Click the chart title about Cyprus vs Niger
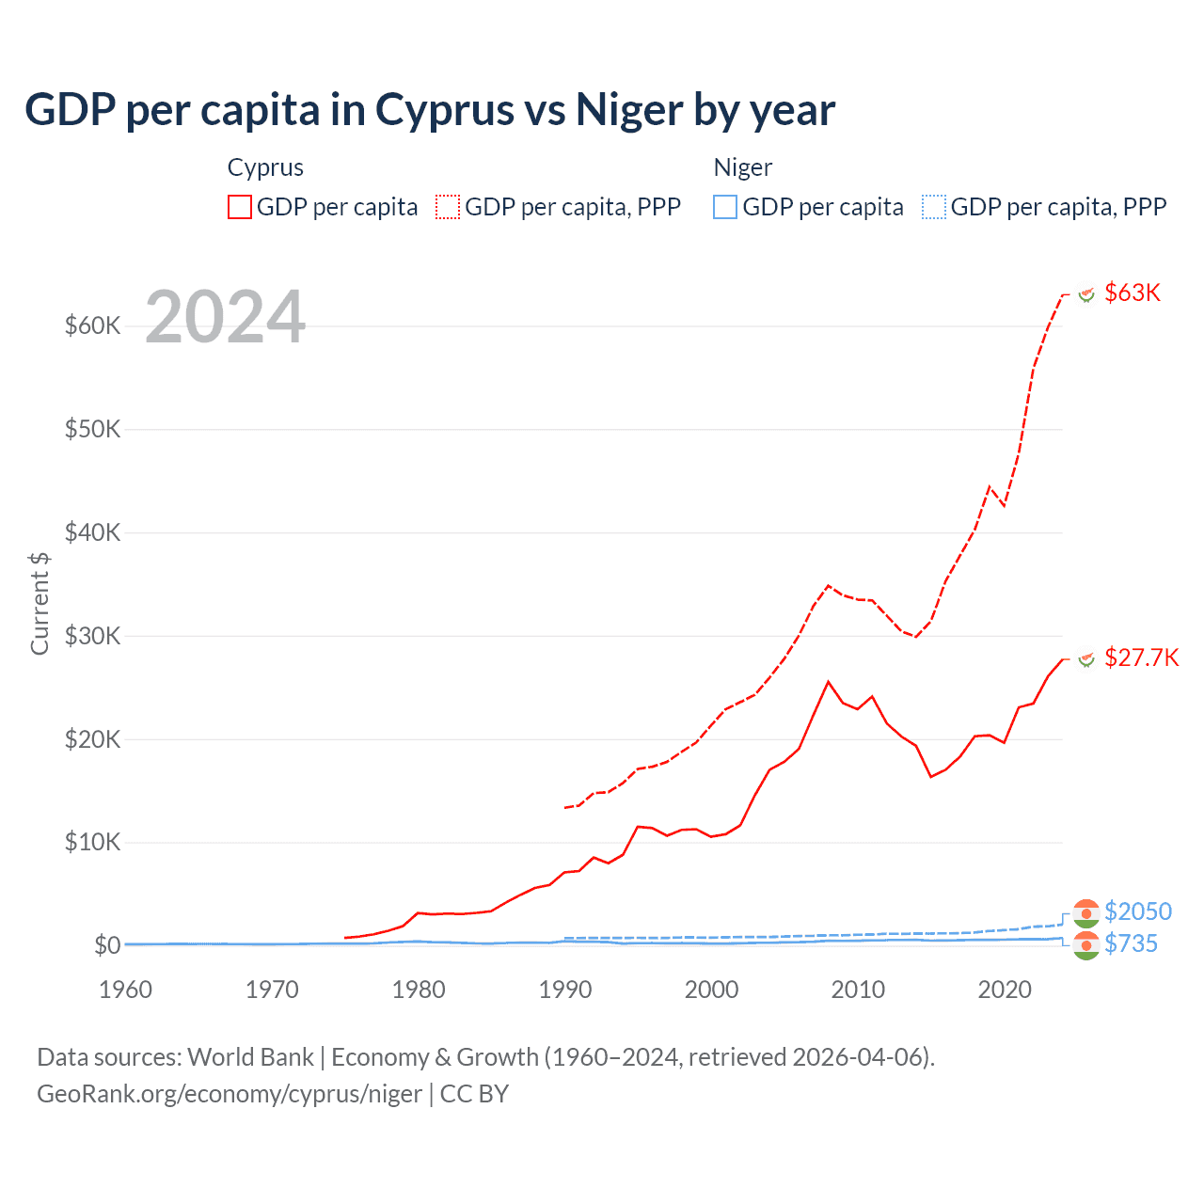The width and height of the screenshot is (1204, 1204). point(430,110)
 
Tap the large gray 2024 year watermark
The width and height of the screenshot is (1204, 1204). point(226,317)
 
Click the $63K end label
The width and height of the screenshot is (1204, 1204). point(1133,293)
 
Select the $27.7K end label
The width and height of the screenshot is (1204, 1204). point(1141,657)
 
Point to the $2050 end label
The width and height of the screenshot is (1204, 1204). point(1137,911)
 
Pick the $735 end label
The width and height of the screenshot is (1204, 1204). point(1131,943)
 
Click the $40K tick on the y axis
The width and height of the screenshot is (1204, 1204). point(93,532)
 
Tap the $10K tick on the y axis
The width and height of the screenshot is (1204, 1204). point(93,842)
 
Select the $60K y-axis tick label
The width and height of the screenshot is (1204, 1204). point(93,325)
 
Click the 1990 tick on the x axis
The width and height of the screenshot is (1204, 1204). point(565,990)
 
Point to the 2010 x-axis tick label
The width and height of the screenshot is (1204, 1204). point(858,990)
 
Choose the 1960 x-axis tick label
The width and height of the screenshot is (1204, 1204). point(126,990)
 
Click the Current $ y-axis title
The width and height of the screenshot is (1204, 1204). point(40,603)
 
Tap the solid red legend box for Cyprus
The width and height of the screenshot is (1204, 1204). point(240,207)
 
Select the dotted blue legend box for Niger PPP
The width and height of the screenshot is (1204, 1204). point(934,207)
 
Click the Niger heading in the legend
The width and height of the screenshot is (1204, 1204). point(742,167)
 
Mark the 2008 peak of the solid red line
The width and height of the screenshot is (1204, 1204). point(828,682)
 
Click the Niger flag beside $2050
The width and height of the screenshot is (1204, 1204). point(1086,911)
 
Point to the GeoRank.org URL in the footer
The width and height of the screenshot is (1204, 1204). point(230,1094)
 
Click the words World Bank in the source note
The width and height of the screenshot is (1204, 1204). point(250,1057)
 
